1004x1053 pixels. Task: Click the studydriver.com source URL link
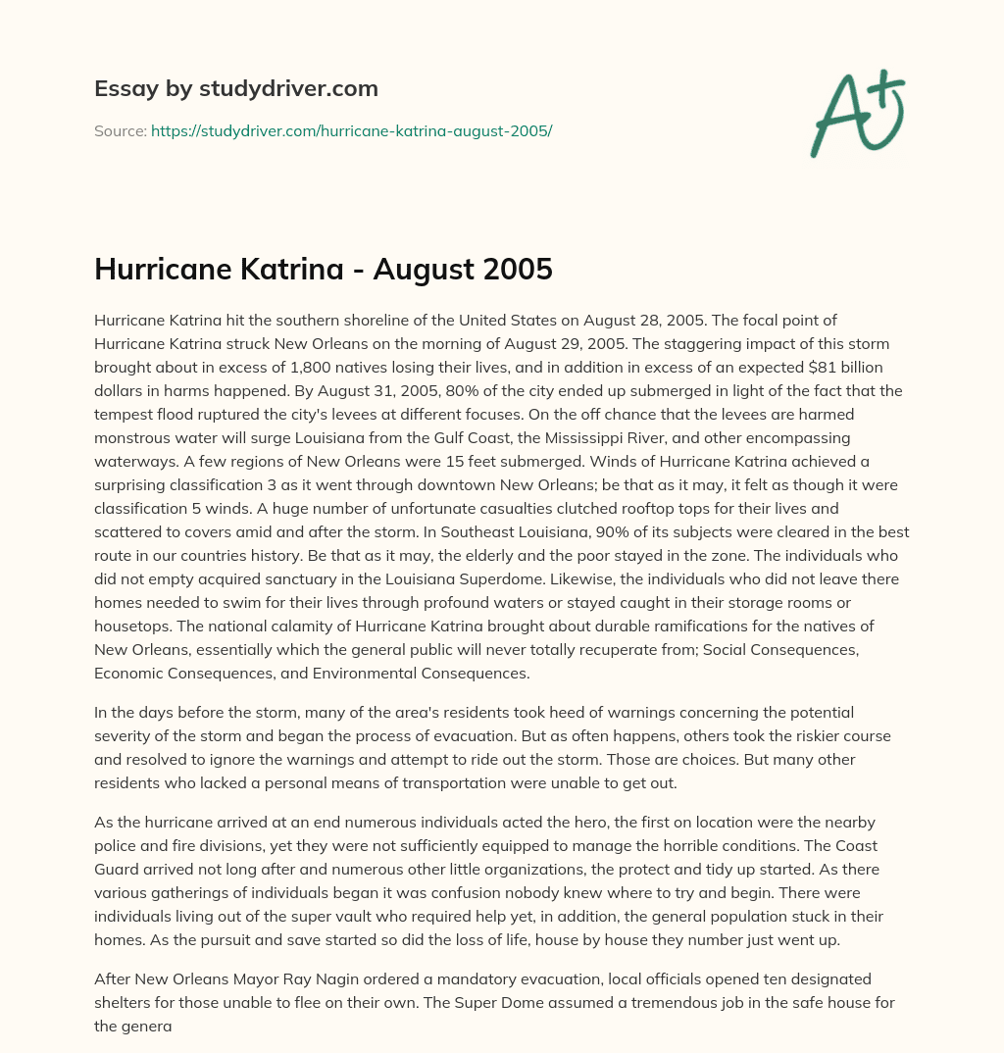click(351, 129)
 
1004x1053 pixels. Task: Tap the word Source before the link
click(120, 129)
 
